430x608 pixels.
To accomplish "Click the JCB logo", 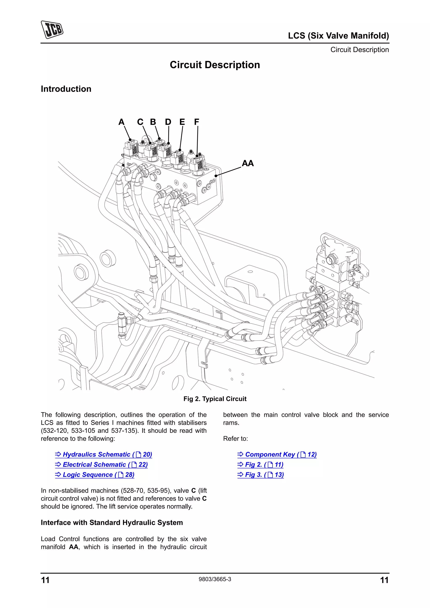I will click(52, 29).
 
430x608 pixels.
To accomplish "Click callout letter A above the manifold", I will click(121, 122).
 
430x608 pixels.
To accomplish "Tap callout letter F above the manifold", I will click(196, 122).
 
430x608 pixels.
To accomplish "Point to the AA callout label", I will click(248, 163).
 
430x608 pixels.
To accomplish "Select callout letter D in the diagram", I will click(168, 122).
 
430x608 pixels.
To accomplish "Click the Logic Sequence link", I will click(95, 475).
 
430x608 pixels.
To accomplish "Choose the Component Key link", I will click(277, 454).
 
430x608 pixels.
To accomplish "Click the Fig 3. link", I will click(261, 475).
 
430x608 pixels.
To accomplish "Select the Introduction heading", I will click(66, 89).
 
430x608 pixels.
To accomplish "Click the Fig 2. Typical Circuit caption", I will click(215, 399).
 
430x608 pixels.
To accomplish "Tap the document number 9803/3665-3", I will click(215, 579).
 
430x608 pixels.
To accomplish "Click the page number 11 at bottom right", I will click(384, 580).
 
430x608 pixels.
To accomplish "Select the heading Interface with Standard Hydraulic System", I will click(112, 522).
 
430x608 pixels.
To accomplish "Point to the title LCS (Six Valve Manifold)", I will click(338, 35).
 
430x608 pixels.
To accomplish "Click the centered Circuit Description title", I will click(215, 65).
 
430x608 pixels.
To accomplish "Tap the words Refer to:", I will click(235, 438).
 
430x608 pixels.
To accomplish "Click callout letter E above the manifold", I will click(182, 122).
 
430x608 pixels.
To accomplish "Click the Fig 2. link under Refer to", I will click(260, 464).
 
